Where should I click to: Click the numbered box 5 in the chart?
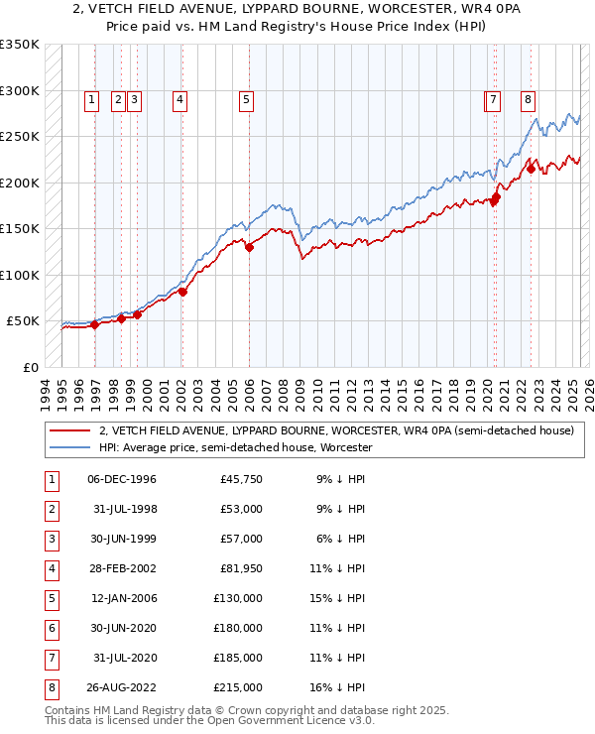[x=245, y=99]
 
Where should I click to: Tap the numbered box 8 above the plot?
[x=529, y=99]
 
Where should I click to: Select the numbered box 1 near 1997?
[x=91, y=99]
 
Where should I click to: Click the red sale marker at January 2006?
[x=250, y=248]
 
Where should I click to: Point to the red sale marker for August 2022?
[x=531, y=169]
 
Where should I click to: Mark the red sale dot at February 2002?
[x=182, y=292]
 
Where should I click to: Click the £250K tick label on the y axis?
[x=19, y=137]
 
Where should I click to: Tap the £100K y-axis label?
[x=19, y=275]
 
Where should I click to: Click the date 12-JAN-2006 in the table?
[x=124, y=599]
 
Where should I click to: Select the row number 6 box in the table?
[x=51, y=628]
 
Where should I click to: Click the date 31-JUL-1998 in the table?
[x=124, y=510]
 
